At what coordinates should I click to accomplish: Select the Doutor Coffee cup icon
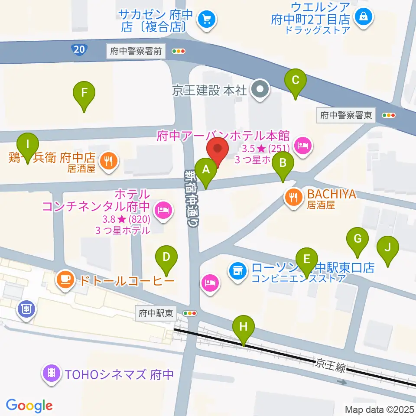coord(65,280)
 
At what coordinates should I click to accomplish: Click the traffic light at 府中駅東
coord(190,313)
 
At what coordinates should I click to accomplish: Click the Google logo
coord(29,406)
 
